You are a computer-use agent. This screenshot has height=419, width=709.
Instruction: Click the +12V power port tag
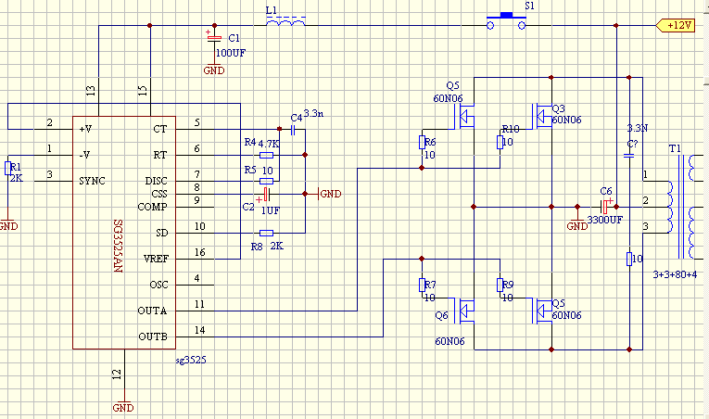pyautogui.click(x=677, y=25)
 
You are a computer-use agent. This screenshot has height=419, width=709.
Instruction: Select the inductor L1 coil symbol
pyautogui.click(x=285, y=22)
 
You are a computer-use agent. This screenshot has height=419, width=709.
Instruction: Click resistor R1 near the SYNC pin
pyautogui.click(x=9, y=168)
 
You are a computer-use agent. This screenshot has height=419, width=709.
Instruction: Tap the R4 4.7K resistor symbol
pyautogui.click(x=267, y=156)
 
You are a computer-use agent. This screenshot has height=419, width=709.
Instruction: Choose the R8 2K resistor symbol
pyautogui.click(x=267, y=234)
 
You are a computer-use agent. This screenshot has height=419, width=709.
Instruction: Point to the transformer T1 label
pyautogui.click(x=674, y=149)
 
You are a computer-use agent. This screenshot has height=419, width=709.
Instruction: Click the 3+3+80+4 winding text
pyautogui.click(x=675, y=274)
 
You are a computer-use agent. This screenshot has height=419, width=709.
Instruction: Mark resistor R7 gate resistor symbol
pyautogui.click(x=422, y=285)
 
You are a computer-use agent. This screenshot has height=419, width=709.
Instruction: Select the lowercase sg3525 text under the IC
pyautogui.click(x=190, y=358)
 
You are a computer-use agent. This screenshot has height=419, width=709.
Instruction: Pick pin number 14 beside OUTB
pyautogui.click(x=199, y=330)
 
